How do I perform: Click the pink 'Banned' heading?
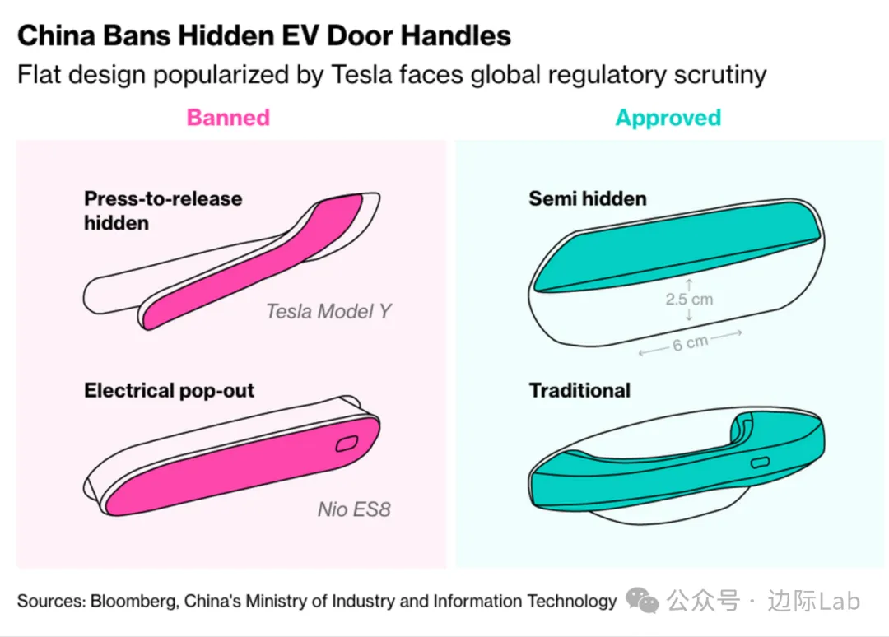(x=228, y=118)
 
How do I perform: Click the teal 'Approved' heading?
(x=668, y=119)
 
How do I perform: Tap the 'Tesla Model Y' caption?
(x=328, y=311)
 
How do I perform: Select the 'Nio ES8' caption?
(x=354, y=509)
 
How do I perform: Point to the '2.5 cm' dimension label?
(x=690, y=300)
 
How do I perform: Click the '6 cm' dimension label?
(x=690, y=343)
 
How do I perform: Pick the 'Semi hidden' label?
(x=588, y=199)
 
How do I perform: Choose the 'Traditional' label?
(x=579, y=390)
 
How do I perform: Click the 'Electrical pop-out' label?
(x=169, y=390)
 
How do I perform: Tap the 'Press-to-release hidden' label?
(x=163, y=211)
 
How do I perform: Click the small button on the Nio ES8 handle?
(x=347, y=444)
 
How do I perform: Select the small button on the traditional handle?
(x=760, y=463)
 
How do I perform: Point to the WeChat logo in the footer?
(x=642, y=600)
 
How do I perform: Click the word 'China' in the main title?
(x=56, y=35)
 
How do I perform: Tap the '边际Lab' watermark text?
(x=813, y=601)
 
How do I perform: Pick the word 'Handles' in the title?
(x=456, y=35)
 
